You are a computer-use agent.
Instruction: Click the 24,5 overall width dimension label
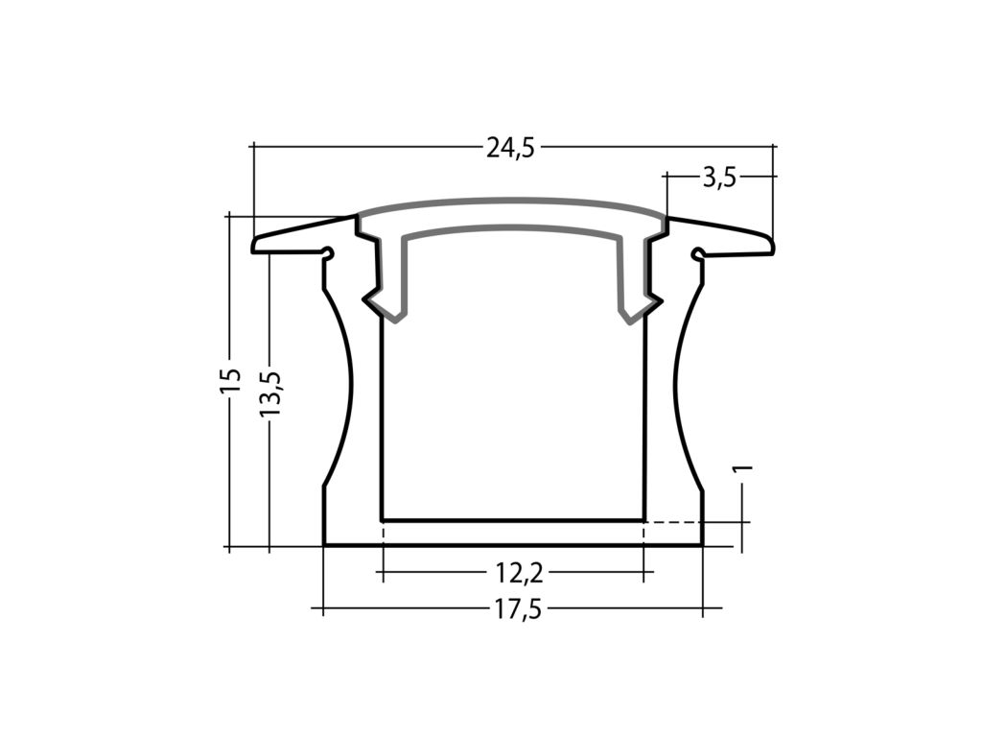click(x=510, y=148)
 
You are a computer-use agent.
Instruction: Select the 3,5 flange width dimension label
click(x=718, y=178)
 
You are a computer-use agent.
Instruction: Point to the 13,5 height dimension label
click(x=270, y=393)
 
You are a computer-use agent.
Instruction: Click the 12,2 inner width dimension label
click(x=520, y=574)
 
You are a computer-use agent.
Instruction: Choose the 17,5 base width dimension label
click(x=519, y=609)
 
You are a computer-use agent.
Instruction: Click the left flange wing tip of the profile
click(x=257, y=245)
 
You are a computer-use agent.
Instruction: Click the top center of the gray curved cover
click(x=512, y=203)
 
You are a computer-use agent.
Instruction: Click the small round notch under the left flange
click(x=328, y=254)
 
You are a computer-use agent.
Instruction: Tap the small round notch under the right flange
click(x=698, y=254)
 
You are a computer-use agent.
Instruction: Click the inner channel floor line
click(x=513, y=520)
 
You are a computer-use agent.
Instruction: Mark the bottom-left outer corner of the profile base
click(x=324, y=546)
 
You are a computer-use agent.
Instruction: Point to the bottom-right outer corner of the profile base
click(x=703, y=546)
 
